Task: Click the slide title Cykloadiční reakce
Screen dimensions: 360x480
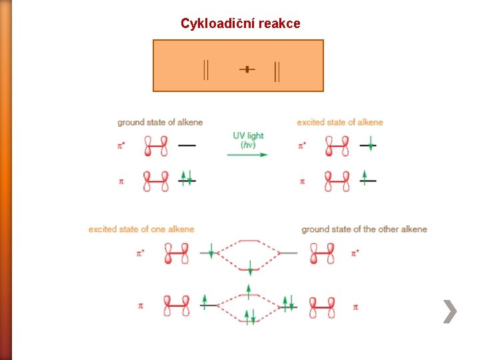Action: point(240,23)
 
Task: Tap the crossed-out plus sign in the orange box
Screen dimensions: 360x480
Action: point(247,69)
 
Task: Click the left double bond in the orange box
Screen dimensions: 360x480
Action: point(206,69)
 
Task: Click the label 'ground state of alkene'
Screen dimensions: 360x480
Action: point(160,122)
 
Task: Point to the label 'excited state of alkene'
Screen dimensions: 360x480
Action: point(340,122)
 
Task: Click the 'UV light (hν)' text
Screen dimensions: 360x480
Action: point(248,139)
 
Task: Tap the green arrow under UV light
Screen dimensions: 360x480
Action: point(247,155)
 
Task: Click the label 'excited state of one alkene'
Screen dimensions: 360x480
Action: point(141,229)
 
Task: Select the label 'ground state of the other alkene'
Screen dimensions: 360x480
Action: point(364,229)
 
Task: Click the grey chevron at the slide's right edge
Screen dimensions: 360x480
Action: point(450,311)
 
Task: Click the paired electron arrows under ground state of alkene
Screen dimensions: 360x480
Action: point(187,178)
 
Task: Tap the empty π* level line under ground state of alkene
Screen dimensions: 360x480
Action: point(187,145)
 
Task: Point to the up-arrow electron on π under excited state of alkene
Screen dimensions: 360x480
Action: point(365,178)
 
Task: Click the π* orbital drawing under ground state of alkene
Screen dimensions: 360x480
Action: point(156,145)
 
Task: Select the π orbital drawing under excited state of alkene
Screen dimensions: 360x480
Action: point(337,181)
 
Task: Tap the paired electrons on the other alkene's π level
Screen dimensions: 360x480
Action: point(288,303)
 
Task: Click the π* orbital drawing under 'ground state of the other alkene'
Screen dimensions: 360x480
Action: point(323,253)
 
